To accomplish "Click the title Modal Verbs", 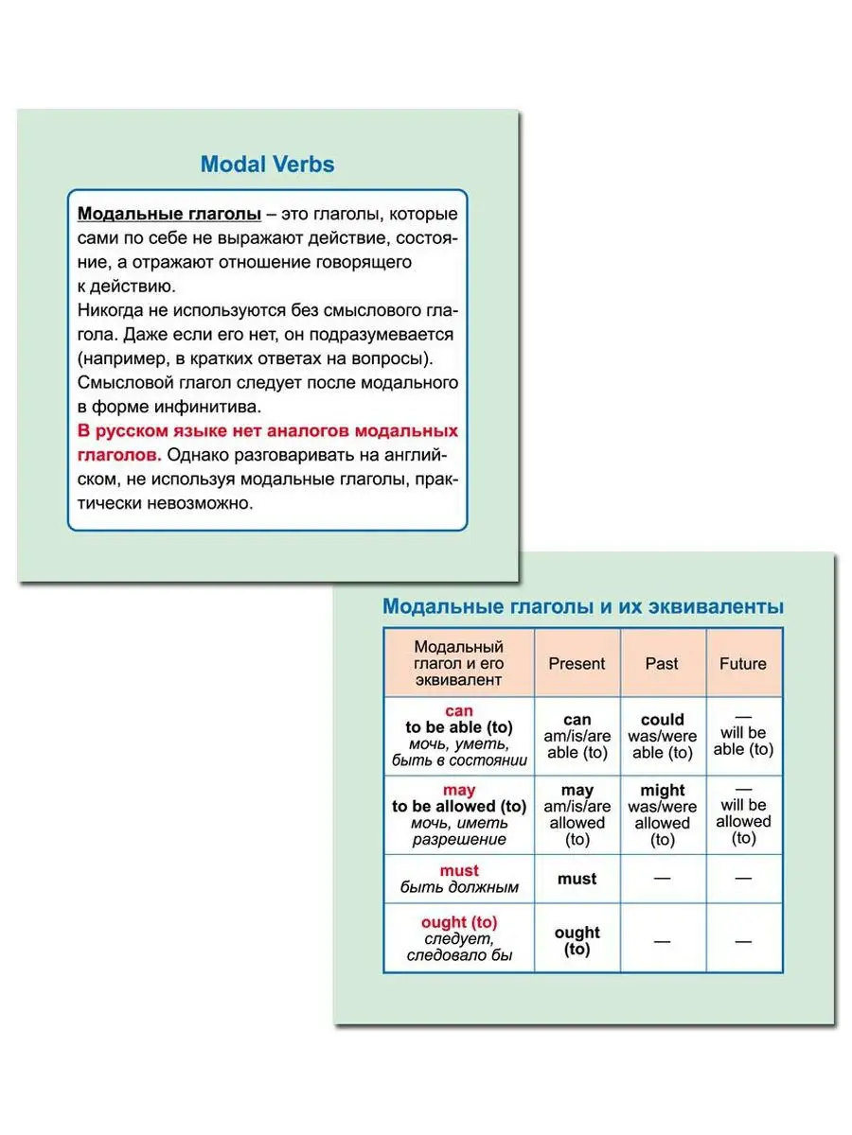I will [x=267, y=165].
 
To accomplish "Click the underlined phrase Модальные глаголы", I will [x=169, y=214].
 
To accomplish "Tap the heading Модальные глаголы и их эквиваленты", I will [x=582, y=606].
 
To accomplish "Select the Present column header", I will [x=577, y=663].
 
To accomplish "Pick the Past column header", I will [x=662, y=663].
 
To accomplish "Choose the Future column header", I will [x=743, y=663].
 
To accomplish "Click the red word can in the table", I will [x=458, y=710].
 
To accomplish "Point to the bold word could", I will [x=662, y=720].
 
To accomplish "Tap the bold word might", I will [x=662, y=791].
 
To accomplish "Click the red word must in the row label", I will [x=459, y=870].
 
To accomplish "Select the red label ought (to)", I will [x=459, y=921].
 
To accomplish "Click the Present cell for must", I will [x=577, y=879].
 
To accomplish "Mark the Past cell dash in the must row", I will [x=662, y=879].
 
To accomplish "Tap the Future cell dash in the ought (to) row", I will [x=743, y=940].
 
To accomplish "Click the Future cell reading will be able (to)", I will [x=743, y=741].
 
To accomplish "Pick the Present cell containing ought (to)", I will [x=577, y=940].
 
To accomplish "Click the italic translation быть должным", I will [x=459, y=887].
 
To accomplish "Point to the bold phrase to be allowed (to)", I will [x=459, y=807].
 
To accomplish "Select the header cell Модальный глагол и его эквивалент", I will [x=459, y=663].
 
